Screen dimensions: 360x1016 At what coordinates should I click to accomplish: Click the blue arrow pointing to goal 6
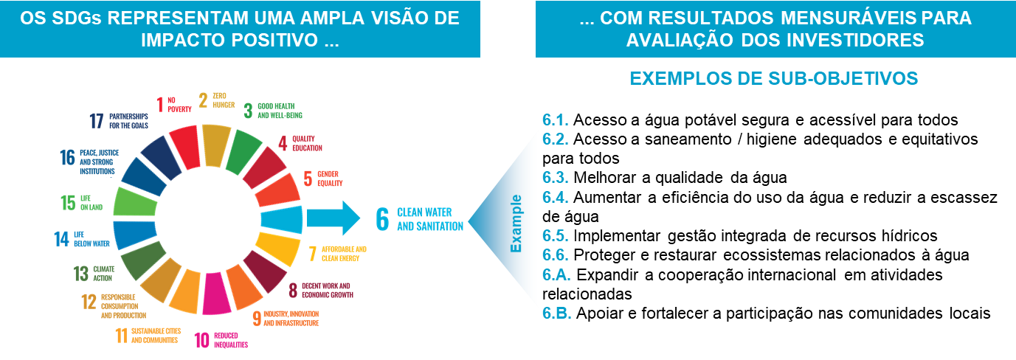pos(332,218)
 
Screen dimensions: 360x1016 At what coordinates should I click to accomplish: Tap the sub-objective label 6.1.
pos(554,120)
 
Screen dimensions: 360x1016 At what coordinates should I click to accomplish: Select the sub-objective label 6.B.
pos(556,313)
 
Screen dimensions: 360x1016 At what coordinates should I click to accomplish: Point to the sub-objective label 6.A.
pos(556,274)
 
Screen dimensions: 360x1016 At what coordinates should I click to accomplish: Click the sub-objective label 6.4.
pos(554,197)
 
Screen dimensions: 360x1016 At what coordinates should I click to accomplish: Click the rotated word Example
pos(516,223)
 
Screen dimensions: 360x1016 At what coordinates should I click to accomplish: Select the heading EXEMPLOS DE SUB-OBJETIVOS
pos(773,78)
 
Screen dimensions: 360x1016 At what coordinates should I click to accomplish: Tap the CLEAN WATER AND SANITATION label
pos(430,219)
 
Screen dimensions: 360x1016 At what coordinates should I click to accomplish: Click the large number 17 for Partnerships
pos(97,121)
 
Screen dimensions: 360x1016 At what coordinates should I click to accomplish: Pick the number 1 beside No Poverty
pos(159,104)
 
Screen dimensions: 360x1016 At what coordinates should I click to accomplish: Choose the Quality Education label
pos(307,143)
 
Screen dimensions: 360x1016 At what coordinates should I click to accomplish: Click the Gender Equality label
pos(330,179)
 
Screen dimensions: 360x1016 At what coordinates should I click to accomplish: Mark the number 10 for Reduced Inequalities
pos(201,340)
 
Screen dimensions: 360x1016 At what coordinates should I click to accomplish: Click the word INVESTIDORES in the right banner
pos(848,40)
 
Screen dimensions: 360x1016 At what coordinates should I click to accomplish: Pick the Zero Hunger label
pos(223,100)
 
